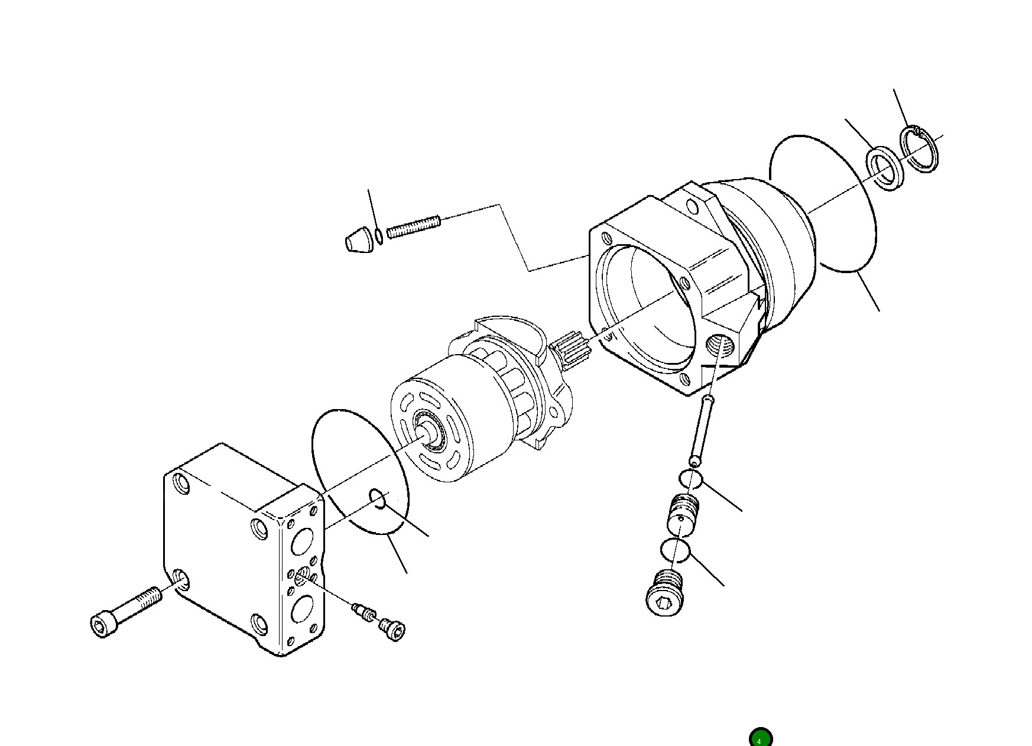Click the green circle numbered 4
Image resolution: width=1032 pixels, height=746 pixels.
tap(760, 739)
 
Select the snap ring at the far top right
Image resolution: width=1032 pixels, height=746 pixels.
tap(920, 150)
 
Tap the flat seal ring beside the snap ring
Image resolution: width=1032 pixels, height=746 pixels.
tap(885, 170)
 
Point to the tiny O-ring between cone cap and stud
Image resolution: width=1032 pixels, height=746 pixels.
tap(378, 237)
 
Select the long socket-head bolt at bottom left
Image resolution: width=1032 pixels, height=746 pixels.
tap(125, 612)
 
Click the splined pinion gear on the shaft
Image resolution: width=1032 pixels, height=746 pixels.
tap(572, 350)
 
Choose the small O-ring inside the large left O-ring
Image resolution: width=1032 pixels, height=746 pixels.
tap(378, 498)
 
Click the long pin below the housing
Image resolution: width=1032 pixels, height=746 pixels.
tap(702, 431)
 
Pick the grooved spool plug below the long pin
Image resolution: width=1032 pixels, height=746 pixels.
tap(682, 514)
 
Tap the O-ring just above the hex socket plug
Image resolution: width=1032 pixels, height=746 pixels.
tap(675, 551)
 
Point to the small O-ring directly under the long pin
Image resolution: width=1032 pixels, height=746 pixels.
tap(690, 479)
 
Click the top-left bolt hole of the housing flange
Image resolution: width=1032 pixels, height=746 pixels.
tap(605, 239)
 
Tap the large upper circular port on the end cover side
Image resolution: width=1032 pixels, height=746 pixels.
tap(302, 540)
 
